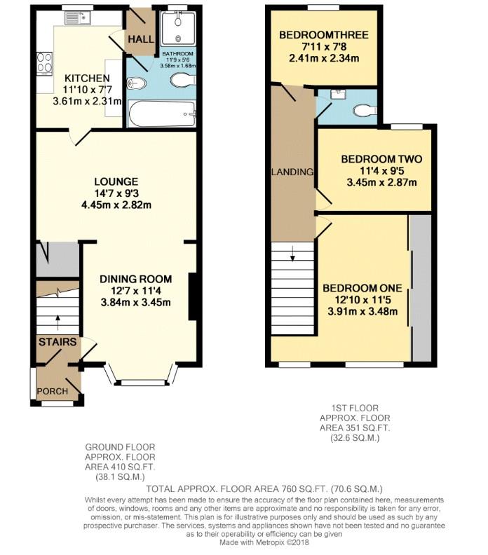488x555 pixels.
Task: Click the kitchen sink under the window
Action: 76,20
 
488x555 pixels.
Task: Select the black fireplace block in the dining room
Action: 192,297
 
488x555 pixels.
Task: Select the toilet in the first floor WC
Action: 365,110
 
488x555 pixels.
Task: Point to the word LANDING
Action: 292,172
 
